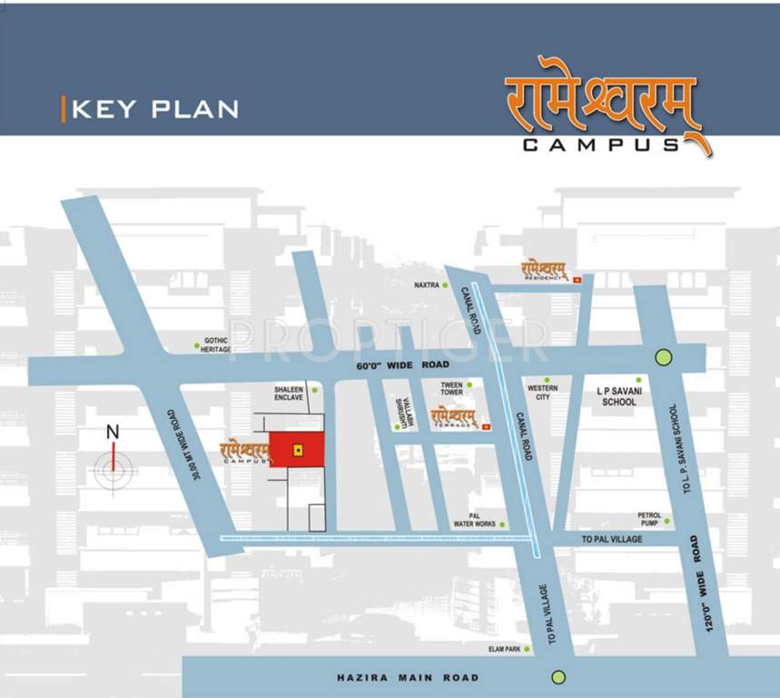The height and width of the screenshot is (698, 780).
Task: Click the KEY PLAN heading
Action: pyautogui.click(x=154, y=109)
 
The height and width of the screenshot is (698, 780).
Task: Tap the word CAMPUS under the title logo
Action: pyautogui.click(x=602, y=145)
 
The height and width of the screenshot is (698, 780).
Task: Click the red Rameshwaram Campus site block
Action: pyautogui.click(x=297, y=449)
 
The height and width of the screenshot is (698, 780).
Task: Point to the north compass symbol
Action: pyautogui.click(x=114, y=464)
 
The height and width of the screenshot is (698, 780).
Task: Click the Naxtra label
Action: pyautogui.click(x=427, y=285)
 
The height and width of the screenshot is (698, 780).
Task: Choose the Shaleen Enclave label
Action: pyautogui.click(x=291, y=394)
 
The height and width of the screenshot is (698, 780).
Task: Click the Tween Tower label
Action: pyautogui.click(x=451, y=388)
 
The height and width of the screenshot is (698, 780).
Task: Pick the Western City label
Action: pyautogui.click(x=543, y=393)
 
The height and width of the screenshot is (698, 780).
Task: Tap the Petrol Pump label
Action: pyautogui.click(x=650, y=520)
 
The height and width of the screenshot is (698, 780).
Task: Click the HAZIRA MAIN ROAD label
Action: pyautogui.click(x=407, y=678)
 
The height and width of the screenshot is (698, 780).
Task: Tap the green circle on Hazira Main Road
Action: pyautogui.click(x=558, y=676)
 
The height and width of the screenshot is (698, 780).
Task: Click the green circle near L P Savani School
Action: pyautogui.click(x=664, y=357)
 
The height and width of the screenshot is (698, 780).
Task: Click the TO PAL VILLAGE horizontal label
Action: pyautogui.click(x=611, y=539)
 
